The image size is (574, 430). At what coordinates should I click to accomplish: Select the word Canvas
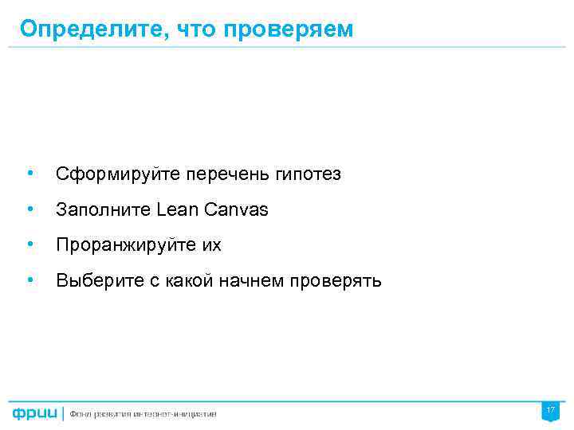click(x=237, y=209)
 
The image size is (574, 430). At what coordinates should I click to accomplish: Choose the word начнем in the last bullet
click(x=254, y=281)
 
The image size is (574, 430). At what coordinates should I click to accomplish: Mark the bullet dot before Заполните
click(x=29, y=209)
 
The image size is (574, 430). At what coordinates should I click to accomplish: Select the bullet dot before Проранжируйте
click(x=29, y=244)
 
